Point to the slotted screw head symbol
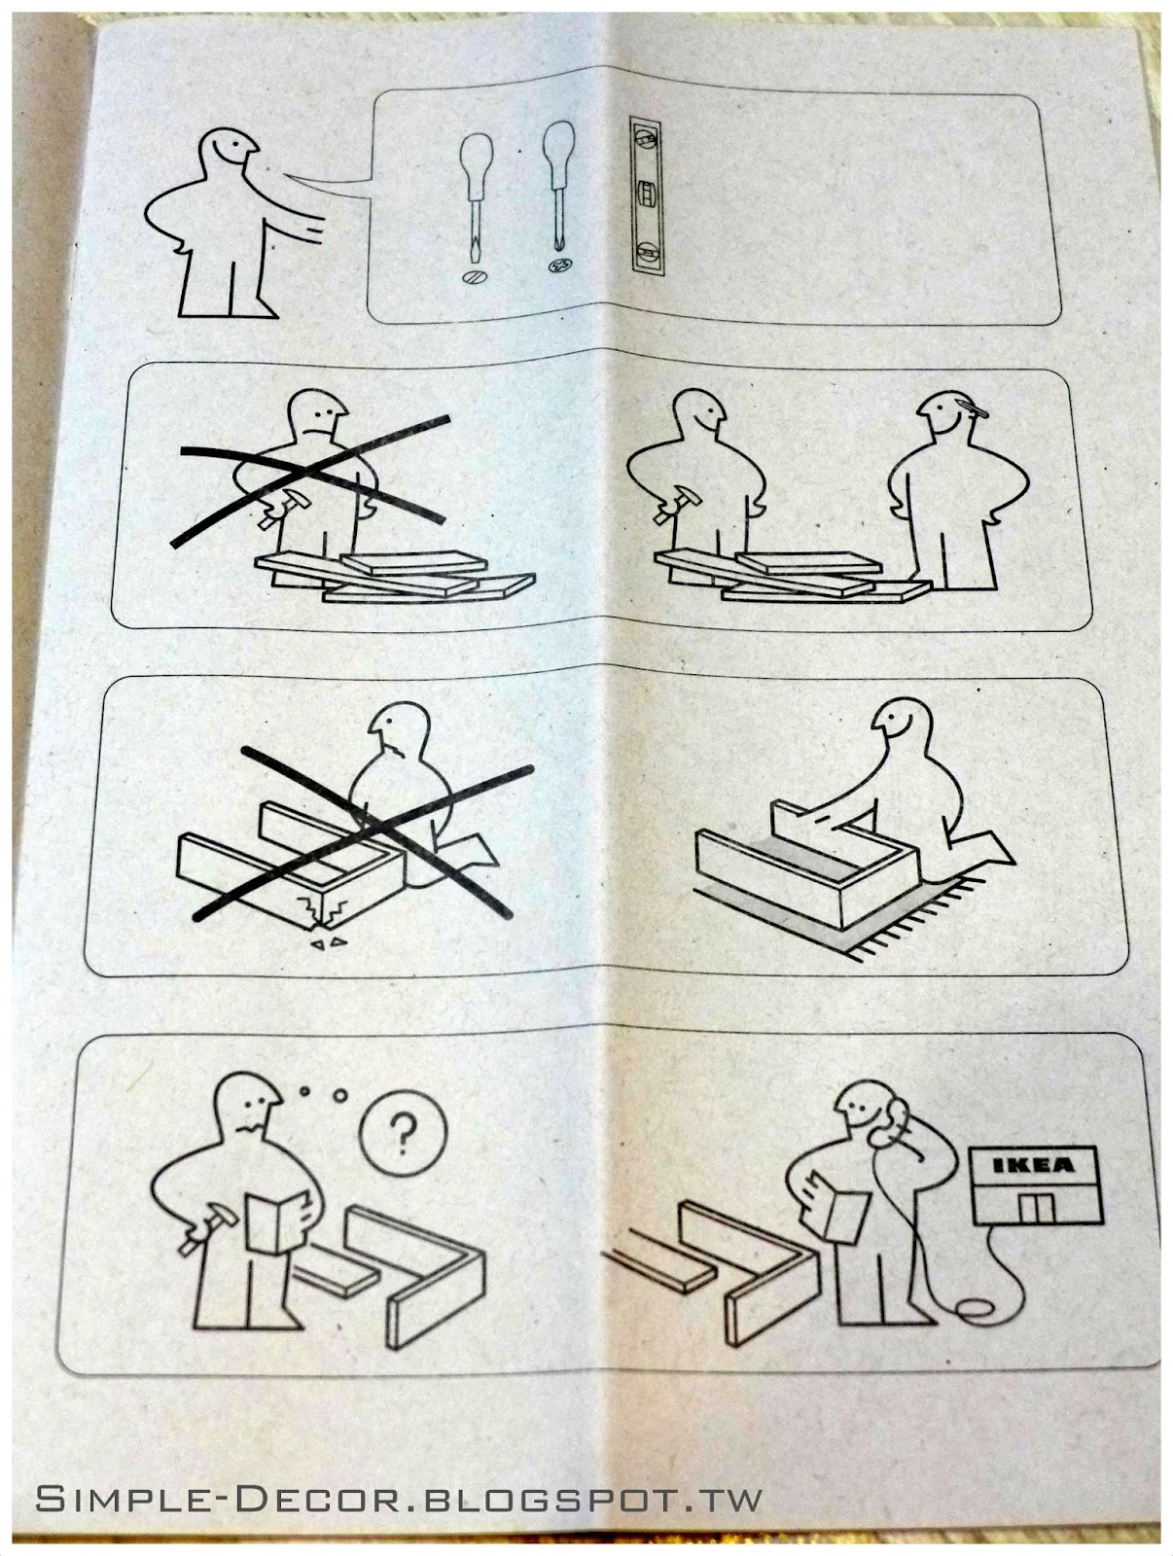[x=472, y=277]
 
